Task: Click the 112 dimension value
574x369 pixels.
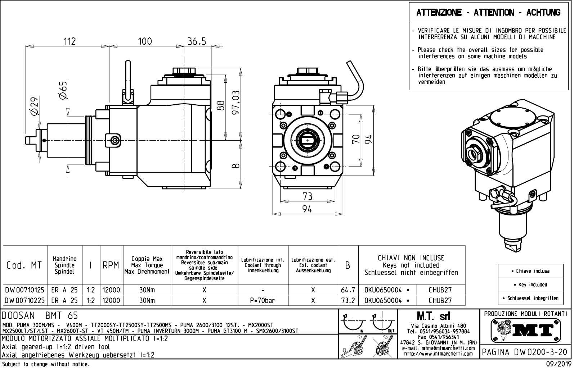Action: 69,41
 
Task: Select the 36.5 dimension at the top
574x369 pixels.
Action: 197,41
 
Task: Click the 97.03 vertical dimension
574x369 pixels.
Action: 236,102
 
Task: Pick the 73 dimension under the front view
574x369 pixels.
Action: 307,196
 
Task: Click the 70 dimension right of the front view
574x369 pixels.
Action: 356,139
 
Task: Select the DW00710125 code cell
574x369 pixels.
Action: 25,290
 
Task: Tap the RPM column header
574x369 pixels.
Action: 111,265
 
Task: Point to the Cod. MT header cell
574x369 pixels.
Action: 24,265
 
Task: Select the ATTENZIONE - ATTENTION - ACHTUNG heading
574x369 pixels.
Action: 488,13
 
